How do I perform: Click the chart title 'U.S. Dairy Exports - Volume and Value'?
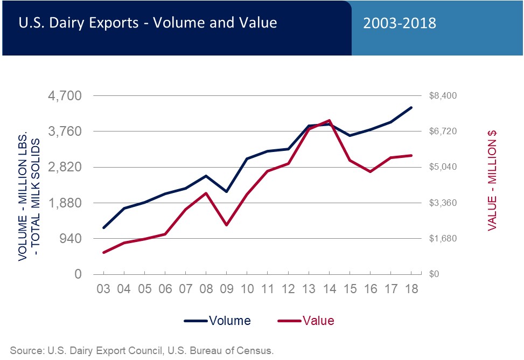[148, 23]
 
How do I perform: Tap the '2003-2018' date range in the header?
[399, 23]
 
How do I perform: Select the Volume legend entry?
[217, 321]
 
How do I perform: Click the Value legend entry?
[305, 321]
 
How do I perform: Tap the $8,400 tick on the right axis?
[443, 96]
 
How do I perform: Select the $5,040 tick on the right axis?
[443, 167]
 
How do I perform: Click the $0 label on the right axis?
[435, 274]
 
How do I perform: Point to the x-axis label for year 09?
[226, 288]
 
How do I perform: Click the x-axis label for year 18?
[411, 288]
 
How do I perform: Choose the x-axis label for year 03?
[103, 288]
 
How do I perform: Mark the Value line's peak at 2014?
[329, 120]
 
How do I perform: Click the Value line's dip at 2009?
[226, 225]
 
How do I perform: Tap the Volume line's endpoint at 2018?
[411, 108]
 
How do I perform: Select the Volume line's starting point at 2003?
[103, 227]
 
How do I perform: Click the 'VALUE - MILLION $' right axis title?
[492, 181]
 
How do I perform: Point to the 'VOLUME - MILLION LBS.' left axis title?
[23, 199]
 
